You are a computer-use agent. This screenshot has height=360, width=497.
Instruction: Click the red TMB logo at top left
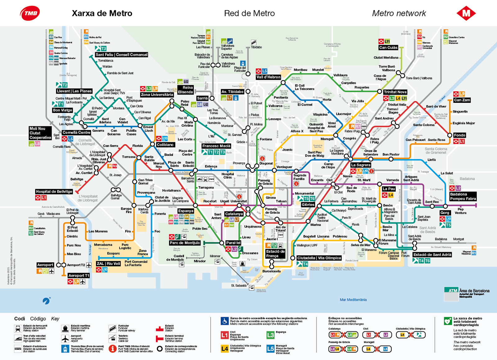30,13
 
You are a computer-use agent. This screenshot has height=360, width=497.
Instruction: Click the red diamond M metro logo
466,13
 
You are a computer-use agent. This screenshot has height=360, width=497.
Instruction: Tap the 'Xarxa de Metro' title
102,13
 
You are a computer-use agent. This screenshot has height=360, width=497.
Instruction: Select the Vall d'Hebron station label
268,77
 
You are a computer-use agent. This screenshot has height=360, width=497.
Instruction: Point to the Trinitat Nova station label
395,92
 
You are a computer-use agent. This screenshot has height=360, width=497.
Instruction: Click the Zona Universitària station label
157,95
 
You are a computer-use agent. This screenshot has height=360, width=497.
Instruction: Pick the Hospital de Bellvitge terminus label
54,192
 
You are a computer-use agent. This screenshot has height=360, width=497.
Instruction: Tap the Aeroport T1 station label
79,276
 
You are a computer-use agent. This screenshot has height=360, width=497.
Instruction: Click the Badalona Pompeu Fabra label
463,196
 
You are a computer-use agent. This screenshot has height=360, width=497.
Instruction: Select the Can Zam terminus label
462,100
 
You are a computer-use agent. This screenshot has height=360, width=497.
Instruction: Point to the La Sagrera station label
361,165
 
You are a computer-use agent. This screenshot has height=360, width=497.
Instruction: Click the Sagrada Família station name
300,177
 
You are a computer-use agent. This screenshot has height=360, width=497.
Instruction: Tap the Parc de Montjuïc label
185,243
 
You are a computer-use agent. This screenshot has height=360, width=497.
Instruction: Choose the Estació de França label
275,254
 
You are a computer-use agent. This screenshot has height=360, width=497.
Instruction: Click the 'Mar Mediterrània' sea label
353,300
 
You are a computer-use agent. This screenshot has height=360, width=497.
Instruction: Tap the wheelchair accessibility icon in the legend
225,321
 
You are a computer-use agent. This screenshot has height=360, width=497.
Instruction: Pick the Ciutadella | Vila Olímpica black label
319,258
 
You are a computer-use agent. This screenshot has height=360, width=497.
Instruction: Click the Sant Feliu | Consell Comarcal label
121,55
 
